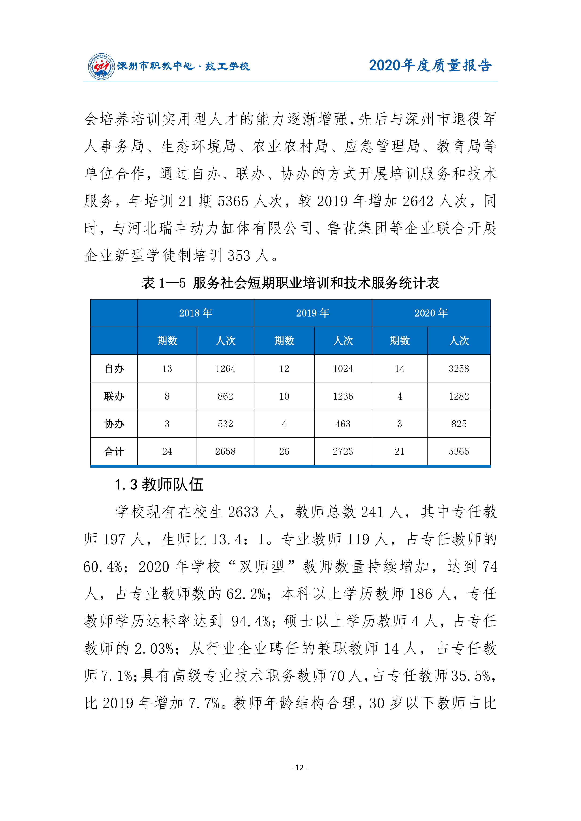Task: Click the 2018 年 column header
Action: click(x=196, y=313)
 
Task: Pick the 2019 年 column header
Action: click(x=313, y=313)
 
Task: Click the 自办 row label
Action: click(x=114, y=369)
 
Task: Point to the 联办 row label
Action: click(x=114, y=396)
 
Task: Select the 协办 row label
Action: click(x=114, y=424)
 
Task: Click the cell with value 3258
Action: click(x=459, y=369)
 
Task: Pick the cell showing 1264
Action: click(x=225, y=369)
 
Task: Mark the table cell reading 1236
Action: click(x=343, y=396)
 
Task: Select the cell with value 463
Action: click(x=343, y=424)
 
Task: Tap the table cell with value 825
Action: click(x=459, y=424)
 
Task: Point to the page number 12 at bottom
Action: click(x=300, y=768)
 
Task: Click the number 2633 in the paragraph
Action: click(x=243, y=512)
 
